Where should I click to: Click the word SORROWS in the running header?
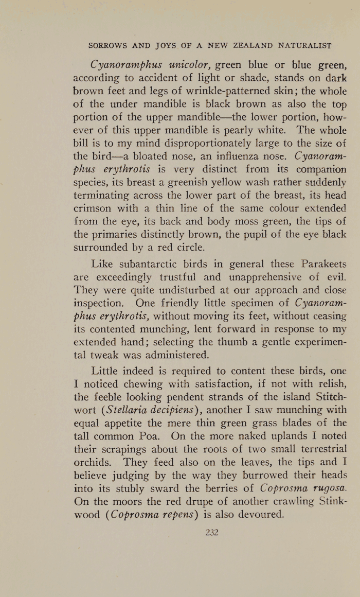pyautogui.click(x=108, y=45)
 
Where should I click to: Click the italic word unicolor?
pyautogui.click(x=183, y=65)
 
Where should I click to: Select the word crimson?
pyautogui.click(x=95, y=208)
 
